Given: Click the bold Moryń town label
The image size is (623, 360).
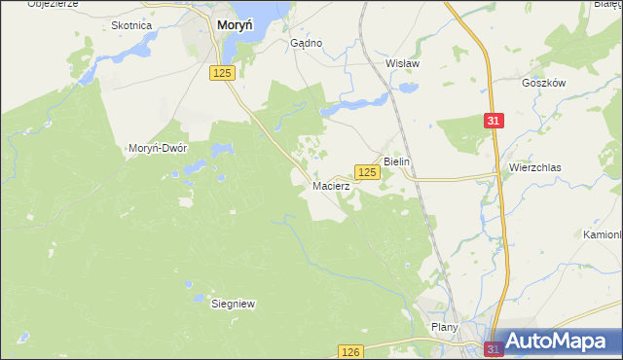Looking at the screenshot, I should [235, 27].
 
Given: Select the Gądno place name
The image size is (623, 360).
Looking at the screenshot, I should [307, 44].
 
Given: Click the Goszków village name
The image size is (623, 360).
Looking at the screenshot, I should [543, 84].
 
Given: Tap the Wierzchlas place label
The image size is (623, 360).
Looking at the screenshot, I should [534, 167].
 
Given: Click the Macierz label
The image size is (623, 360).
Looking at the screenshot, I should [331, 184].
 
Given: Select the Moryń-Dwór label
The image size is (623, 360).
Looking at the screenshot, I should [158, 148].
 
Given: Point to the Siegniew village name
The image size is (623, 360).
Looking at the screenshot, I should [233, 304].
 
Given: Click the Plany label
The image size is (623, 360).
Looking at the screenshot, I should [444, 328].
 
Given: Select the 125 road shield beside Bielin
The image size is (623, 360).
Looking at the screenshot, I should [366, 172].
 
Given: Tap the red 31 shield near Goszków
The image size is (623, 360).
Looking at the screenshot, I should [495, 120].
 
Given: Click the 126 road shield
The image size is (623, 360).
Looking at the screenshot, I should [351, 351].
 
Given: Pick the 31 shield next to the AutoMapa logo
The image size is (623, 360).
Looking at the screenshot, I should [495, 348].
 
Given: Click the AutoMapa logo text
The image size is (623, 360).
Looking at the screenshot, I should [561, 342].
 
